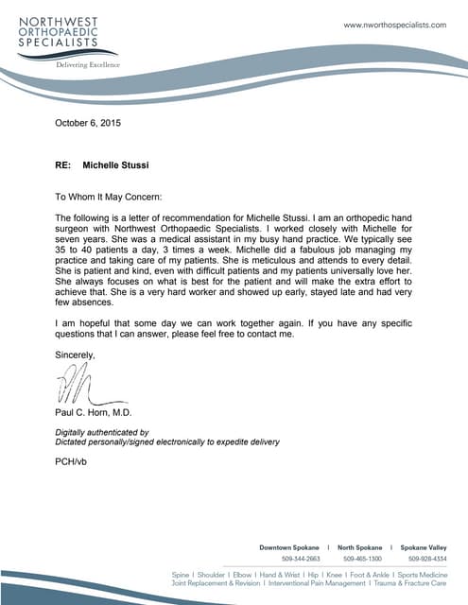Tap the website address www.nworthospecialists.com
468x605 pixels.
point(394,25)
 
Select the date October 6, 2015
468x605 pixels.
point(88,123)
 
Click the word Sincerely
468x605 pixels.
point(76,354)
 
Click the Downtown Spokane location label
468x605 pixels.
point(288,547)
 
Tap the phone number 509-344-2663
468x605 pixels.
point(301,560)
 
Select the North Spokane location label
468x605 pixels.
point(360,547)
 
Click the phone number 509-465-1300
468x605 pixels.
point(363,560)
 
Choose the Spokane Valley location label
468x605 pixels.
point(423,547)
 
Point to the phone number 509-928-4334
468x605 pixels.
point(426,560)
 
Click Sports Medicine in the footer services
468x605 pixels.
point(422,575)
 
